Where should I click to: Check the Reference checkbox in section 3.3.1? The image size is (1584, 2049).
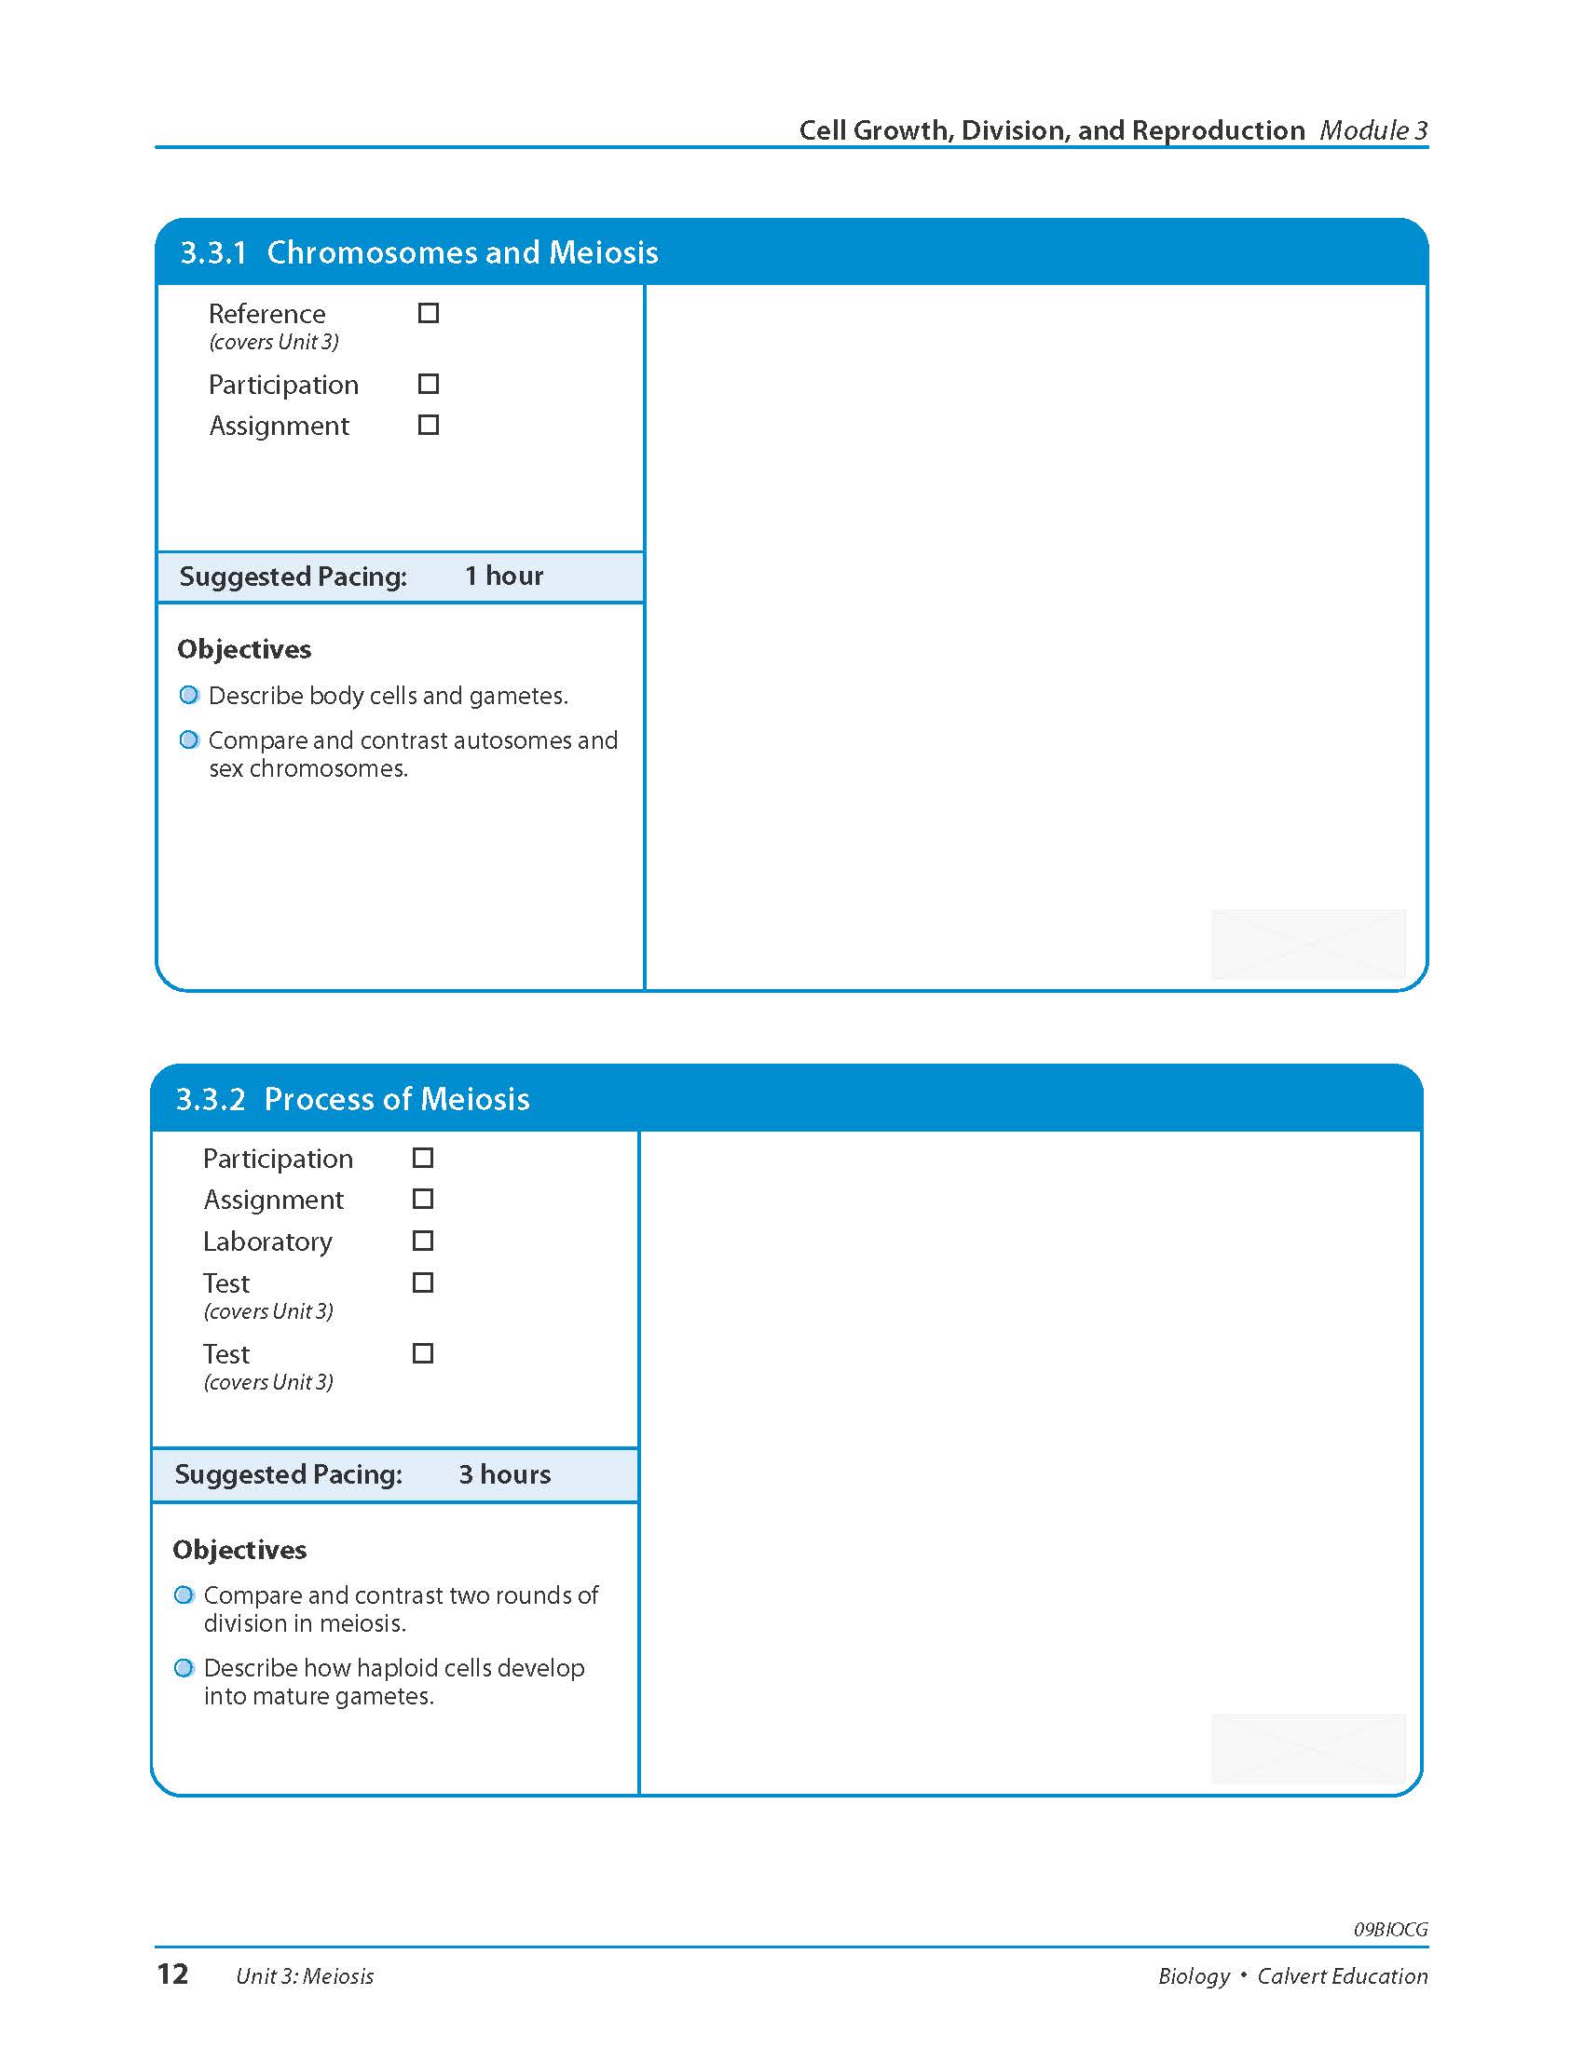click(428, 313)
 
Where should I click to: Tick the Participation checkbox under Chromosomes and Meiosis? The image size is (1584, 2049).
click(428, 384)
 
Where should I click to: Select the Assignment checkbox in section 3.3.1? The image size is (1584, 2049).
click(428, 425)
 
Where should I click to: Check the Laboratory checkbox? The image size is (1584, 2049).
click(423, 1241)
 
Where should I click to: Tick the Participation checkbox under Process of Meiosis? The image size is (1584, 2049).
click(423, 1158)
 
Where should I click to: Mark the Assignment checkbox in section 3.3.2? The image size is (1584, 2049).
click(423, 1199)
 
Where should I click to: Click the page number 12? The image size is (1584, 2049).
click(172, 1974)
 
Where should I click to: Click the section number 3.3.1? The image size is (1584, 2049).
click(213, 252)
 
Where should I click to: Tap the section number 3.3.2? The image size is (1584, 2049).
click(210, 1099)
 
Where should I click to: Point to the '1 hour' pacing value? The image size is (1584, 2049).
click(504, 576)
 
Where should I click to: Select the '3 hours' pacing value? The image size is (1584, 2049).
click(504, 1474)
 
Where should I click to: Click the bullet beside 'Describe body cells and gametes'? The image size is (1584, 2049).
click(189, 695)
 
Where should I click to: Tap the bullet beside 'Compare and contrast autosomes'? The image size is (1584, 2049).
click(189, 740)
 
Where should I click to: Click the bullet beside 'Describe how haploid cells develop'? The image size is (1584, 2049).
click(184, 1667)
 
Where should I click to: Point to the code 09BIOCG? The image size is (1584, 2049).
click(1390, 1930)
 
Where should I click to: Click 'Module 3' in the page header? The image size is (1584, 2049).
click(1372, 130)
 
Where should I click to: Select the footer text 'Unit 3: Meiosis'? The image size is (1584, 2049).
click(305, 1975)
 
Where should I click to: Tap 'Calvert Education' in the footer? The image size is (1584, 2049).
click(1342, 1975)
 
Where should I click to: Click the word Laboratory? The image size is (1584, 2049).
click(267, 1242)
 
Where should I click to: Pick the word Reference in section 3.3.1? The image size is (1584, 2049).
click(266, 313)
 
